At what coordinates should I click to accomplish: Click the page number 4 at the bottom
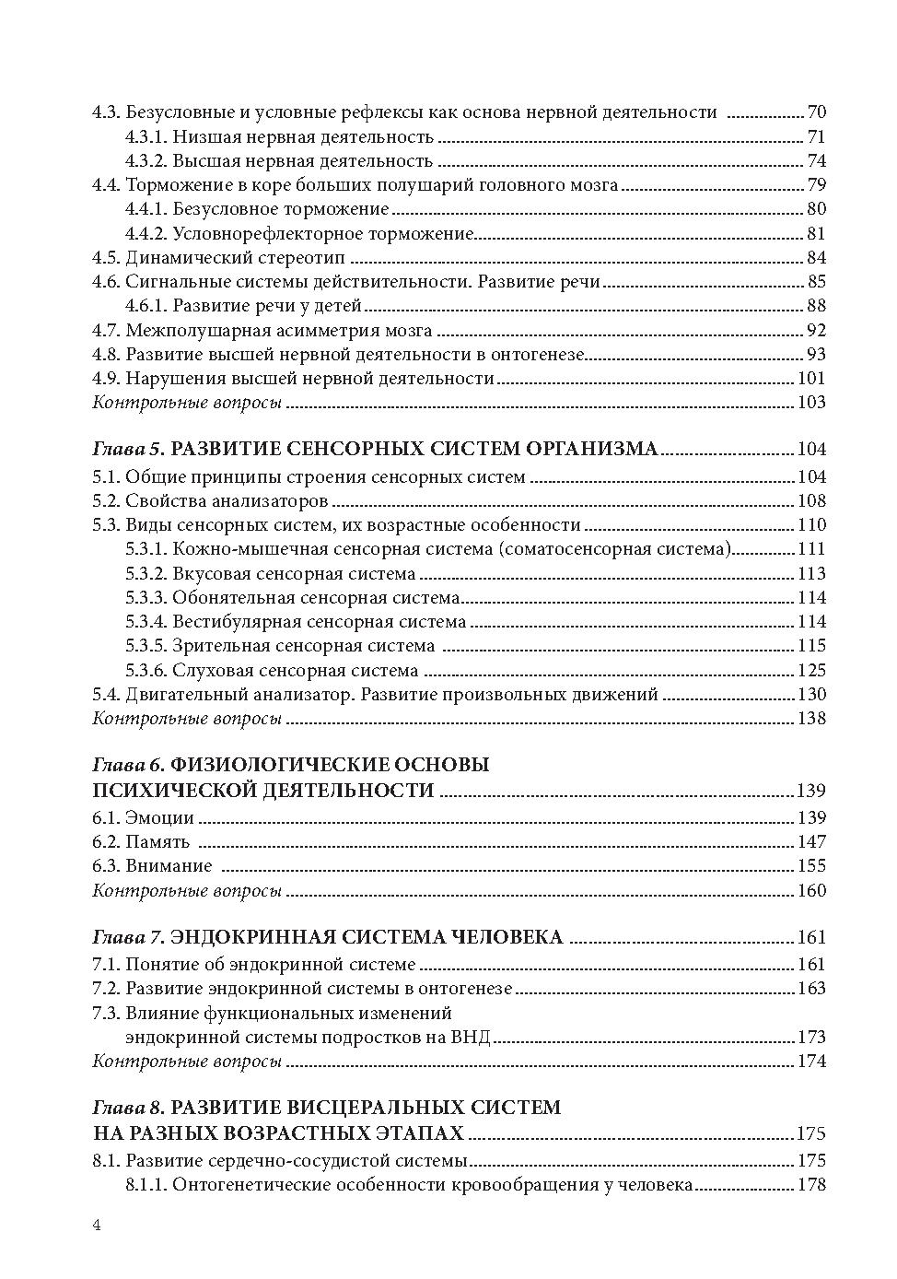click(x=97, y=1225)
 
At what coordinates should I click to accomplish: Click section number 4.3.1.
click(x=146, y=137)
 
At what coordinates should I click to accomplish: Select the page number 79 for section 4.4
click(x=816, y=185)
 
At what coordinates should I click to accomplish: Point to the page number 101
click(x=810, y=378)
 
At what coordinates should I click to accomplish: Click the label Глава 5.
click(x=127, y=450)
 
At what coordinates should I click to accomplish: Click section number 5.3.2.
click(x=146, y=573)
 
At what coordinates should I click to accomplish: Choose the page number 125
click(x=810, y=670)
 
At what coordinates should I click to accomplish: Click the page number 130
click(x=810, y=694)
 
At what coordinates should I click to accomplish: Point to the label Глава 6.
click(x=127, y=765)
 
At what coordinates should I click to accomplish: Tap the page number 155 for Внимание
click(x=810, y=865)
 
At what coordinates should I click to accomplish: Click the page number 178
click(x=810, y=1185)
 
